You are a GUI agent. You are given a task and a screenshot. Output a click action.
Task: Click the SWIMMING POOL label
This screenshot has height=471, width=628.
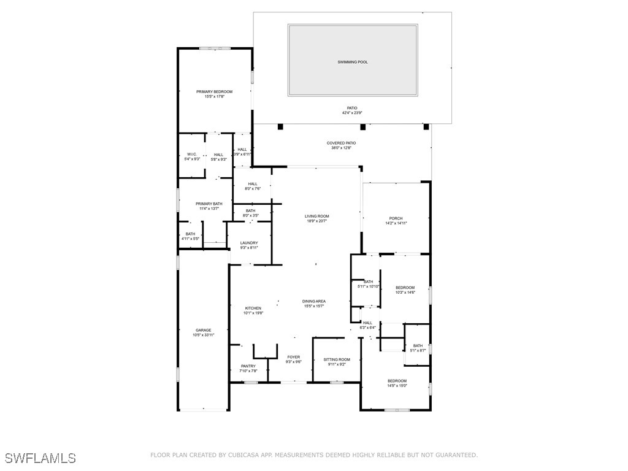tap(353, 62)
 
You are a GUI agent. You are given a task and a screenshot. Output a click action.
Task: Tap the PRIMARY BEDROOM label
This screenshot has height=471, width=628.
tap(214, 91)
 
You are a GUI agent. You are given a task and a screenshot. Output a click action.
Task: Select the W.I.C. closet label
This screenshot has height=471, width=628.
tap(192, 155)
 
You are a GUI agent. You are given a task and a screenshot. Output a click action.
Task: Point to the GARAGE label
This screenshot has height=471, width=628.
tap(203, 330)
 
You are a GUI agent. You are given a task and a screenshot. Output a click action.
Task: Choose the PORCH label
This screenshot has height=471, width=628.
tap(396, 218)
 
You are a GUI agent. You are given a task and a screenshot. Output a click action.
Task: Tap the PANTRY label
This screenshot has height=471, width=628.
tap(248, 366)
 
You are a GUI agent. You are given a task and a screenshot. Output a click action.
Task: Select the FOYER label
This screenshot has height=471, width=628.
tap(293, 357)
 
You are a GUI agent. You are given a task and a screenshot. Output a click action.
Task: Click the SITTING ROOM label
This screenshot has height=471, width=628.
tap(337, 359)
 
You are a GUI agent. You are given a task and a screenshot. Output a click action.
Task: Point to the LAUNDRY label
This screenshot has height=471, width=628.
tap(249, 243)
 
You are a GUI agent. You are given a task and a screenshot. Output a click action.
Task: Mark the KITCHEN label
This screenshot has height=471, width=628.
tap(253, 308)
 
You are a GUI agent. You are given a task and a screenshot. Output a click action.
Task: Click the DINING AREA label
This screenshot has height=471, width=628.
tap(313, 301)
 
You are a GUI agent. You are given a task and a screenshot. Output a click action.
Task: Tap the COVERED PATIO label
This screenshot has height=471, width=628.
tap(341, 143)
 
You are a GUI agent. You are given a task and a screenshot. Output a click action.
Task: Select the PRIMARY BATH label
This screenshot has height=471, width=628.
tap(209, 204)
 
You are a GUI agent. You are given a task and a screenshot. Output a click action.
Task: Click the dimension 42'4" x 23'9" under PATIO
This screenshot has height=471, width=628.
tap(352, 113)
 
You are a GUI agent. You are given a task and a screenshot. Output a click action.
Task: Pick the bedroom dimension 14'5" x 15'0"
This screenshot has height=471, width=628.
tap(397, 386)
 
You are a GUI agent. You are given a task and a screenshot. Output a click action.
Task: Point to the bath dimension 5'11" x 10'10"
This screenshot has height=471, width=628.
tap(369, 286)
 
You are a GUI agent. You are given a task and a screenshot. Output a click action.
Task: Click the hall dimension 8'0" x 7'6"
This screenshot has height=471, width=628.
tap(253, 189)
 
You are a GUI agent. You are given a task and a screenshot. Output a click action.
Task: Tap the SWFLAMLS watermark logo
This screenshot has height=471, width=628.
tap(40, 458)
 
